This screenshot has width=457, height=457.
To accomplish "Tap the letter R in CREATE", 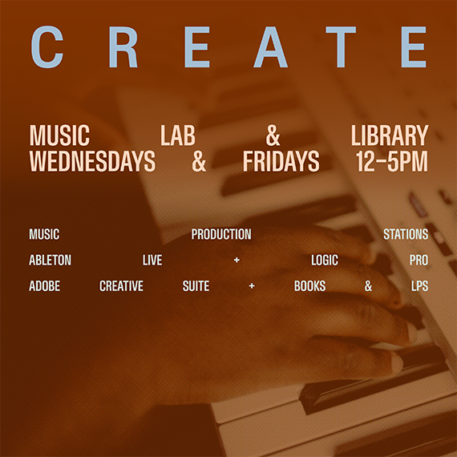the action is pyautogui.click(x=123, y=47).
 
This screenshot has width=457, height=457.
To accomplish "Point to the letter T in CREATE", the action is pyautogui.click(x=341, y=47).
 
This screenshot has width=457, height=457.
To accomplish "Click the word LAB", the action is pyautogui.click(x=178, y=135).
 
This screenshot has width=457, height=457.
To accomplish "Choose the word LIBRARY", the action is pyautogui.click(x=390, y=135).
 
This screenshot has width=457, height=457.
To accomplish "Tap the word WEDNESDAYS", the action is pyautogui.click(x=92, y=161).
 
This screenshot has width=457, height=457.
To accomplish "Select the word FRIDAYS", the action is pyautogui.click(x=281, y=161).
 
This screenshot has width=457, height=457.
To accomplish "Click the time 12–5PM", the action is pyautogui.click(x=392, y=161).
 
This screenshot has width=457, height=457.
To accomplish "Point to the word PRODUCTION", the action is pyautogui.click(x=221, y=234).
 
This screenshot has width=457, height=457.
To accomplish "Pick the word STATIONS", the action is pyautogui.click(x=406, y=234).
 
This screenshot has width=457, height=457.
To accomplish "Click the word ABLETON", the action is pyautogui.click(x=51, y=260).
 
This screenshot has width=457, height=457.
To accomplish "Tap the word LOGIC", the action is pyautogui.click(x=325, y=260).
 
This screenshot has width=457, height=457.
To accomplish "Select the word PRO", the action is pyautogui.click(x=419, y=260).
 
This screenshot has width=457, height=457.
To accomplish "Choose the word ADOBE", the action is pyautogui.click(x=45, y=286).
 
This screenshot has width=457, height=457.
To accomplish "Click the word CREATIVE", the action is pyautogui.click(x=121, y=286).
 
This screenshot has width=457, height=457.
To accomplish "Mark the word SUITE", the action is pyautogui.click(x=196, y=286).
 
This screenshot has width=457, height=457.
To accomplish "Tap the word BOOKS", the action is pyautogui.click(x=309, y=286).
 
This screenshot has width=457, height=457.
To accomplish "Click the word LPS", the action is pyautogui.click(x=419, y=286).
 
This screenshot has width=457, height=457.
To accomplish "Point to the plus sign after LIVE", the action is pyautogui.click(x=237, y=260).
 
